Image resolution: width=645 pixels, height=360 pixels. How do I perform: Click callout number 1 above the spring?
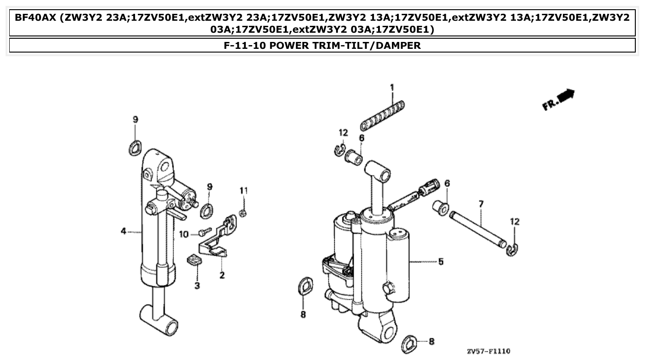pos(392,87)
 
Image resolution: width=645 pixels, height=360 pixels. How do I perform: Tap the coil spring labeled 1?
pos(383,115)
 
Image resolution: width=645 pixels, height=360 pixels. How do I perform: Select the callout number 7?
pos(481,203)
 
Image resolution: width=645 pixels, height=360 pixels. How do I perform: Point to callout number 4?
pos(123,231)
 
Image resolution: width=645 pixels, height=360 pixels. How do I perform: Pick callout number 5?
pos(441,262)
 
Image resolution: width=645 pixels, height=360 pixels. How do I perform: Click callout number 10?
pos(184,234)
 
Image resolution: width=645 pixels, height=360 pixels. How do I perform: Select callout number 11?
pos(243,190)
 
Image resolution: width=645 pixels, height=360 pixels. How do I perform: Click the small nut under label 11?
pos(244,212)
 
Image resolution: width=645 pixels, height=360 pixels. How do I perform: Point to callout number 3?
pos(197,286)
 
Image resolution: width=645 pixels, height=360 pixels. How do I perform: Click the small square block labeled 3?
pos(195,261)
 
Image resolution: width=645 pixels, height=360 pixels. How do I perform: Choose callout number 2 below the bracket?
pos(222,276)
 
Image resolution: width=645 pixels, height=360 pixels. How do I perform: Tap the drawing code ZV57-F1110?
pos(489,351)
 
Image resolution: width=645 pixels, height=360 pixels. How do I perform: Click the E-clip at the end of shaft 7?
pos(512,250)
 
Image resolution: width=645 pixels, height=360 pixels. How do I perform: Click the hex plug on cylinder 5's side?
pos(388,289)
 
